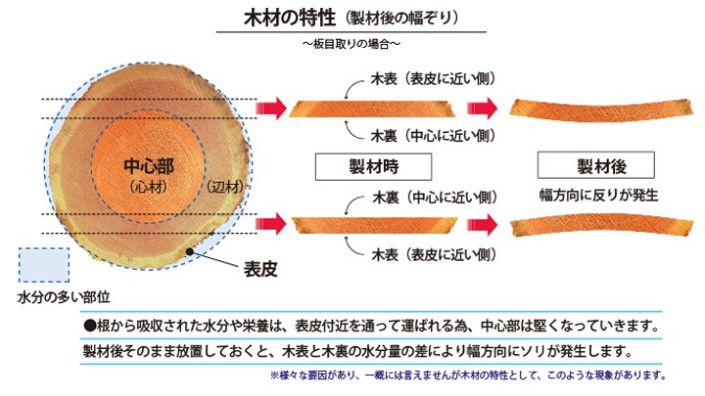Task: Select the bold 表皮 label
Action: click(x=261, y=267)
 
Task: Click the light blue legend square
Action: click(x=43, y=265)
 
